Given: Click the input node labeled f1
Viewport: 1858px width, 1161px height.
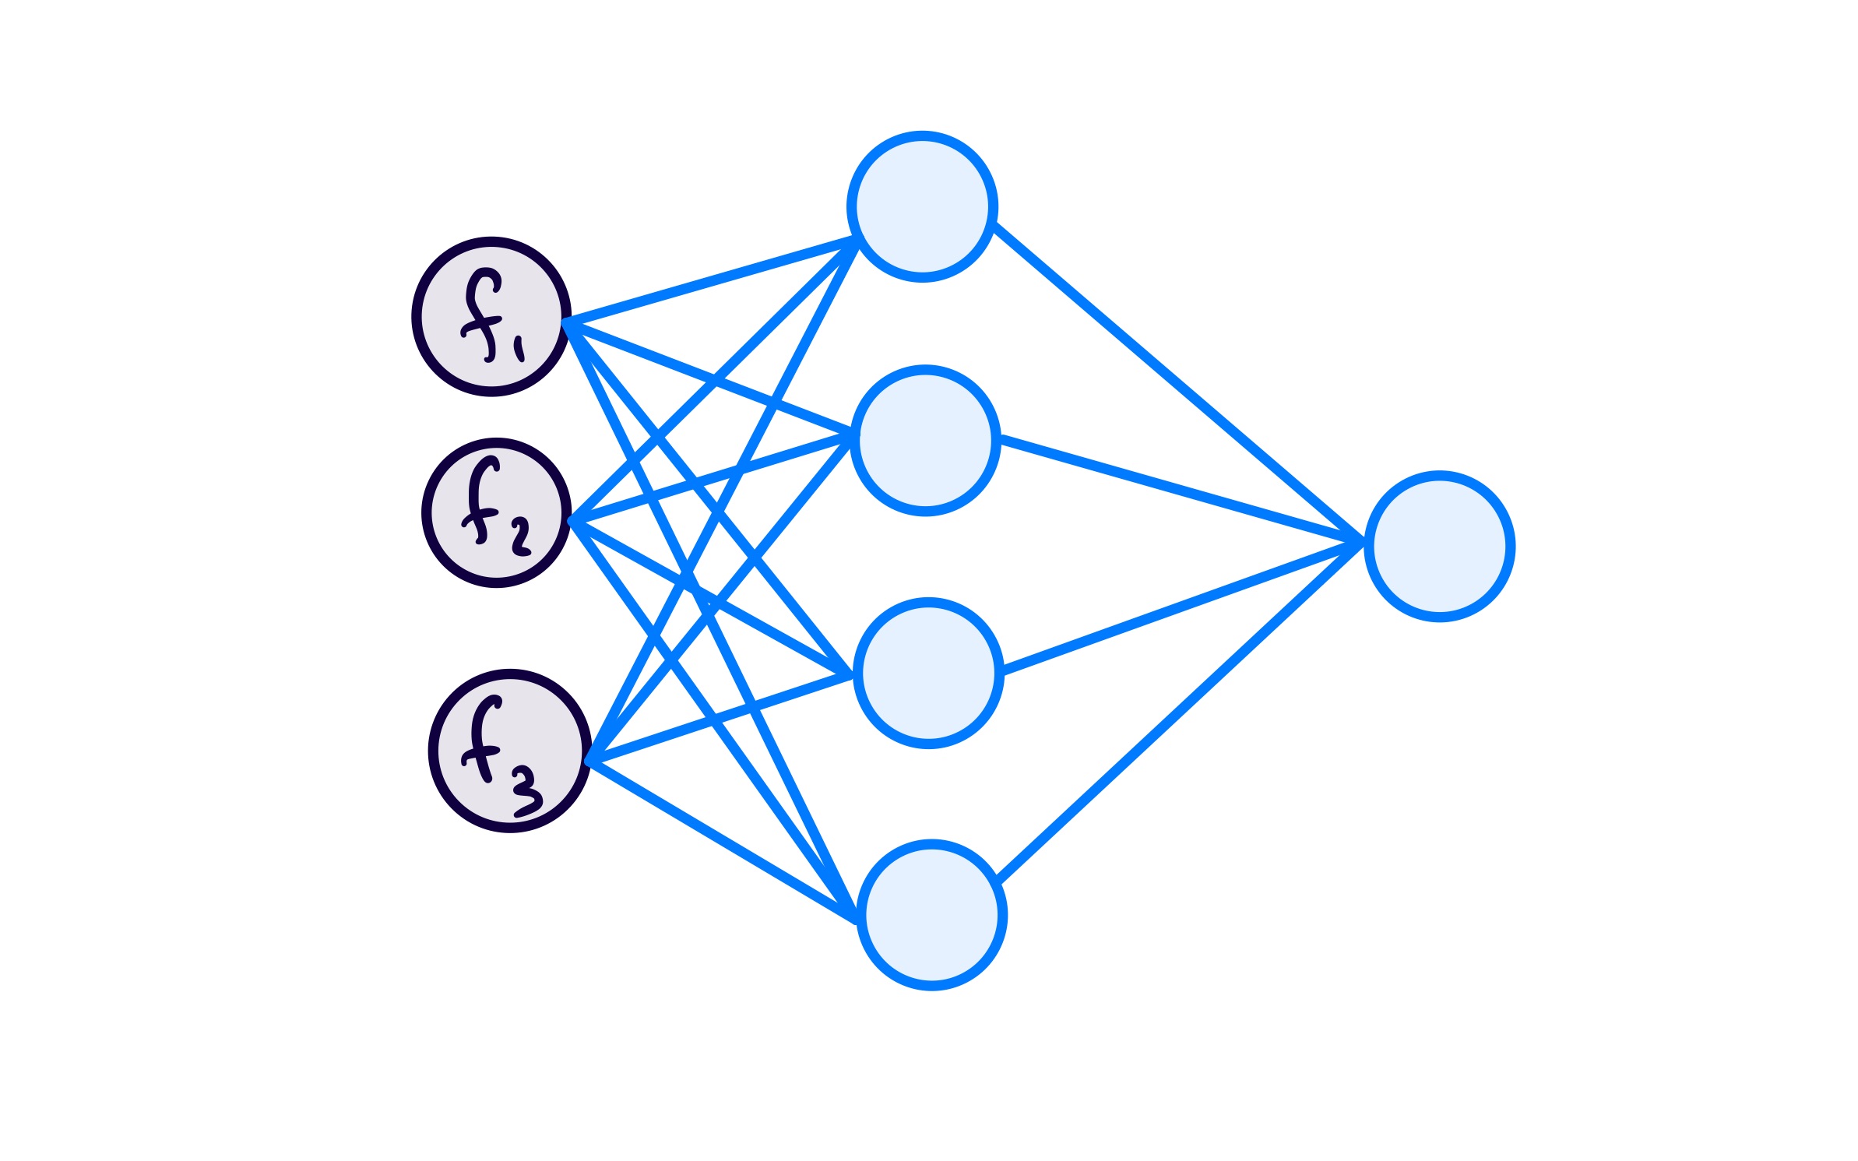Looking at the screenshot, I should [x=491, y=317].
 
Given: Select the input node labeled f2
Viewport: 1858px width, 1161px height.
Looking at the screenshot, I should [x=497, y=513].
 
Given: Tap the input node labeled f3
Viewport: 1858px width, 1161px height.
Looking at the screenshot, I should [x=510, y=751].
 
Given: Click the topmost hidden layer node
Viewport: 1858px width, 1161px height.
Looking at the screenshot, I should [x=922, y=206].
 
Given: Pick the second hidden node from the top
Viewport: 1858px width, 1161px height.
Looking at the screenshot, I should [x=925, y=441].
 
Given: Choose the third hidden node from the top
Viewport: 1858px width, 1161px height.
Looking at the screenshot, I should [x=928, y=674].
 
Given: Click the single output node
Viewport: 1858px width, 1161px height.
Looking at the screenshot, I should [x=1439, y=547].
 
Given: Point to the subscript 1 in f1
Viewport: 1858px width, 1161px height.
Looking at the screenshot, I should [x=519, y=349].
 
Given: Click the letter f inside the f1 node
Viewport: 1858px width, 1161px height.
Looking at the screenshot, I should [x=481, y=315].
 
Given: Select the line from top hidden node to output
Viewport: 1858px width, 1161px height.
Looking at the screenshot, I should [x=1176, y=382].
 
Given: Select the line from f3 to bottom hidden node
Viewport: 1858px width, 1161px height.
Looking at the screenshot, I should [x=720, y=840].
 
